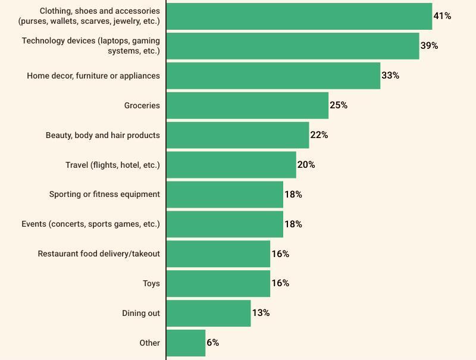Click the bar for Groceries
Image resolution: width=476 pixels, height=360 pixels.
click(247, 105)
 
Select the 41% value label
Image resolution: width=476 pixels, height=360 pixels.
click(442, 16)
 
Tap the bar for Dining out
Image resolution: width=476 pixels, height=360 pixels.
click(208, 313)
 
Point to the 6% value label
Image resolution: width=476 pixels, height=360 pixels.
click(212, 343)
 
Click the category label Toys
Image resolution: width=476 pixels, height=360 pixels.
click(151, 283)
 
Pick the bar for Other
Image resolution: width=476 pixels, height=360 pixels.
click(186, 343)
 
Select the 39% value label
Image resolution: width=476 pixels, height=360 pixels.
click(429, 46)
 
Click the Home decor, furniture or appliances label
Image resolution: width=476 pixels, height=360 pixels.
click(93, 76)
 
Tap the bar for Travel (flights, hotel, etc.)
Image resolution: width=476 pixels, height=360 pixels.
click(231, 165)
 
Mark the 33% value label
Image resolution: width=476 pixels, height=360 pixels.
click(390, 76)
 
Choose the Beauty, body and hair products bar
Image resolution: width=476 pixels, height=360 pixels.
click(237, 135)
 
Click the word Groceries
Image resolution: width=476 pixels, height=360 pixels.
click(142, 105)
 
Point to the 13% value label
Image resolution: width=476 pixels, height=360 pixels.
click(261, 313)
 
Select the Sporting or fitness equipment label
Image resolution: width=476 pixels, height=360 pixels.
click(105, 194)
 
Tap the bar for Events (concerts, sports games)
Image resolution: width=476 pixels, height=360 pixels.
click(224, 224)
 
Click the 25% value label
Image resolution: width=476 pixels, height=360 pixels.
click(339, 105)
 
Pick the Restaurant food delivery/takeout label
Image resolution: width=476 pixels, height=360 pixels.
click(99, 253)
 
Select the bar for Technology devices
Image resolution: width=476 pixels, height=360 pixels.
click(293, 46)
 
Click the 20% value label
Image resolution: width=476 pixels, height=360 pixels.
click(306, 165)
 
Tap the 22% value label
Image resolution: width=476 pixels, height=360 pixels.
click(319, 135)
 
